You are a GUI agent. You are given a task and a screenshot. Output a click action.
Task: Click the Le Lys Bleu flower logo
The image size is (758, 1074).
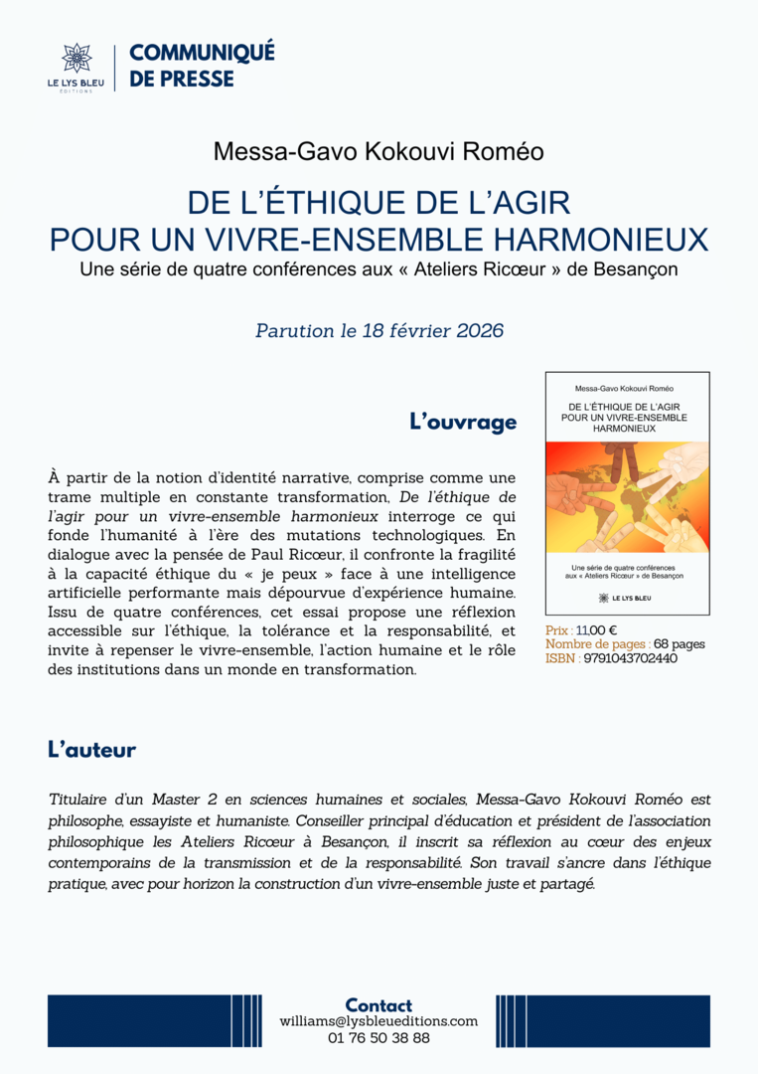pyautogui.click(x=76, y=58)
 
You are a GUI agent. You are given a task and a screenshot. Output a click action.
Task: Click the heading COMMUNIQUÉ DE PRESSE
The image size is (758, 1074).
pyautogui.click(x=202, y=66)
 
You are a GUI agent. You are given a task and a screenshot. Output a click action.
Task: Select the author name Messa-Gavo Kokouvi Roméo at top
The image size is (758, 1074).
pyautogui.click(x=379, y=152)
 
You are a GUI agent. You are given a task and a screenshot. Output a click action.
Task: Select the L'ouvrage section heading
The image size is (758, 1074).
pyautogui.click(x=463, y=423)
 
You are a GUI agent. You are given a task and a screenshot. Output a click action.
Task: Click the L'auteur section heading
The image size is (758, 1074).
pyautogui.click(x=91, y=749)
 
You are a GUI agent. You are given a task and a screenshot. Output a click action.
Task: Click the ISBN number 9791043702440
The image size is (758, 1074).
pyautogui.click(x=630, y=657)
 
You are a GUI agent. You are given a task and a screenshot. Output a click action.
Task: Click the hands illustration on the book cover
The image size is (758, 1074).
pyautogui.click(x=627, y=497)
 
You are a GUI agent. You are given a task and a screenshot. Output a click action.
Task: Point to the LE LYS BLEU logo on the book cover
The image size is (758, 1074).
pyautogui.click(x=627, y=598)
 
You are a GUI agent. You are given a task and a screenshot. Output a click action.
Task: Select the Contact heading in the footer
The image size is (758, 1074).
pyautogui.click(x=379, y=1005)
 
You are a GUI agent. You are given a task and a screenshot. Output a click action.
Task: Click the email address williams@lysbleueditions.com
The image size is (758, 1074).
pyautogui.click(x=379, y=1021)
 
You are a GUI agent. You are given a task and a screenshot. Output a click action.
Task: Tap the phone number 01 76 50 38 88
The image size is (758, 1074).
pyautogui.click(x=379, y=1038)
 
